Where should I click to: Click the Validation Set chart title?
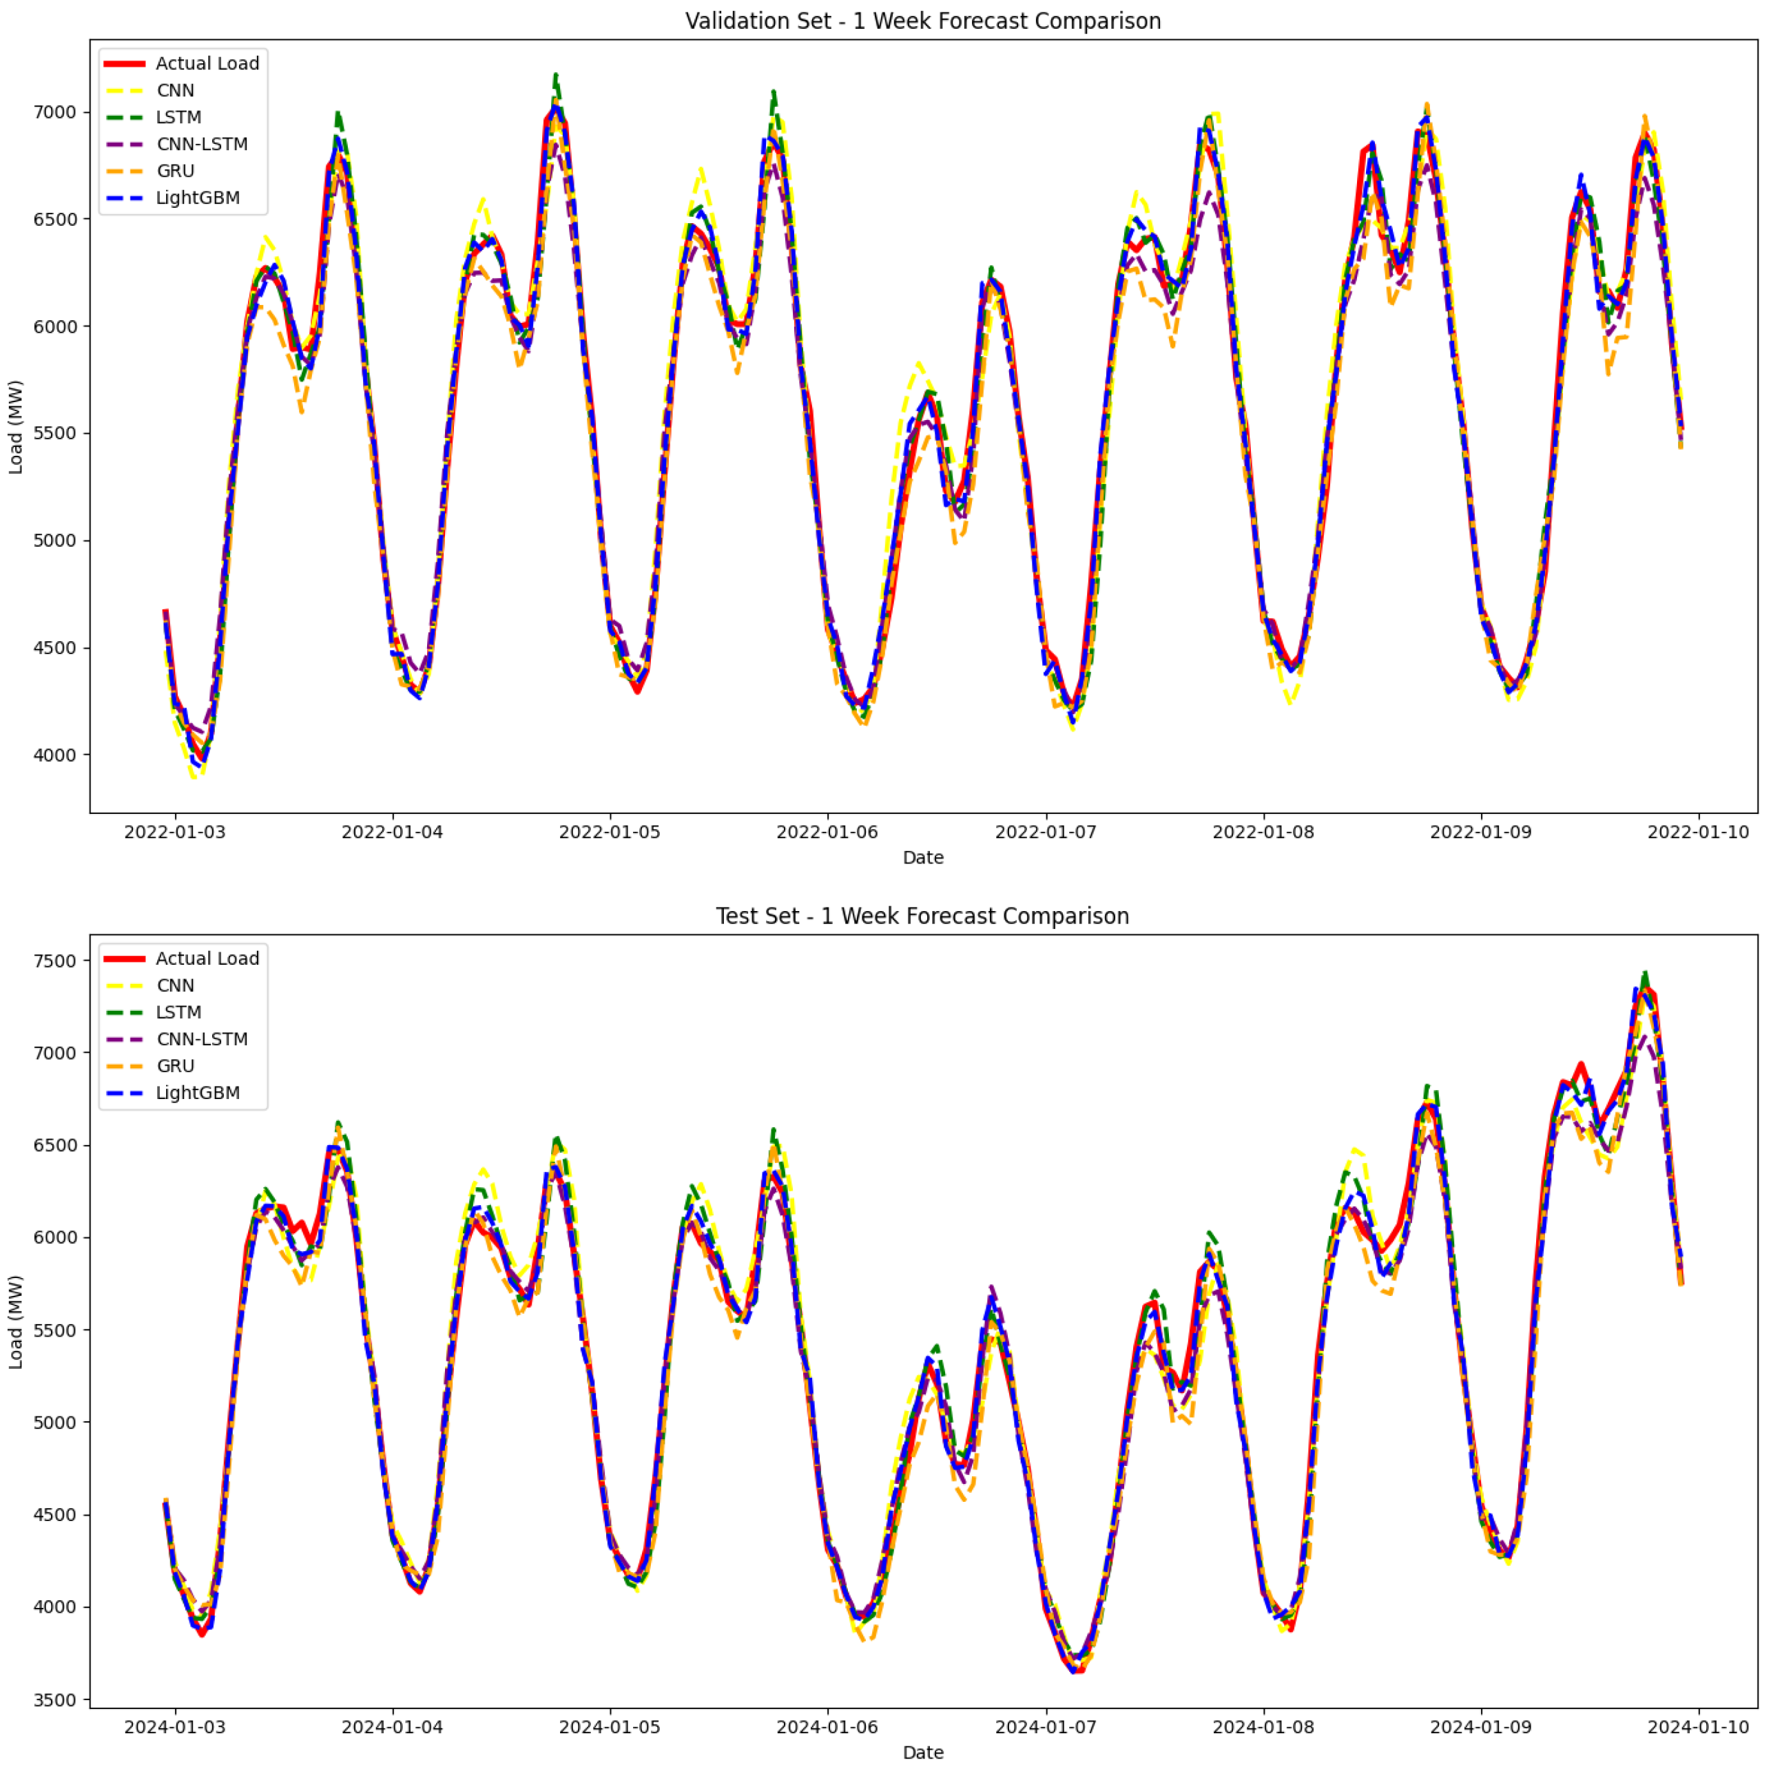(x=922, y=21)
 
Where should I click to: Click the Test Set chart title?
(x=922, y=916)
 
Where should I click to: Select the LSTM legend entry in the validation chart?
(x=178, y=117)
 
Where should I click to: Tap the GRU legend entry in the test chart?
(x=175, y=1066)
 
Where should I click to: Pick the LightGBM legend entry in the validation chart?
(x=197, y=198)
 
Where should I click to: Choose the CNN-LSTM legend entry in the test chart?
(x=202, y=1039)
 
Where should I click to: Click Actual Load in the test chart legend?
(x=207, y=959)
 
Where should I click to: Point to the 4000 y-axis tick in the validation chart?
(x=55, y=755)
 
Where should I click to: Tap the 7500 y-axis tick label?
(x=55, y=961)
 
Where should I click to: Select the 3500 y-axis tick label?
(x=55, y=1700)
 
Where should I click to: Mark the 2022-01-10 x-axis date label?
(x=1698, y=833)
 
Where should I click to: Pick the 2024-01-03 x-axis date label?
(x=174, y=1727)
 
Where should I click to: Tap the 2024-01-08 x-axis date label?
(x=1263, y=1727)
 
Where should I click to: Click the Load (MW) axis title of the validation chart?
(x=16, y=427)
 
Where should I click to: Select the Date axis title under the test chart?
(x=922, y=1752)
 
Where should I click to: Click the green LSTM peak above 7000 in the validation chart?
(x=555, y=76)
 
